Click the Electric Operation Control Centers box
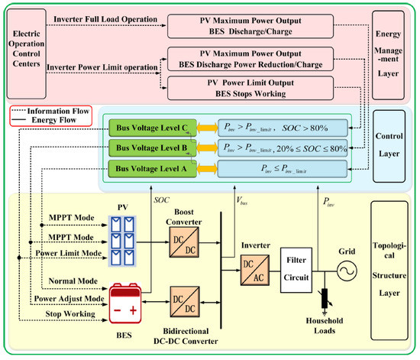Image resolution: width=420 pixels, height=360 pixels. (26, 54)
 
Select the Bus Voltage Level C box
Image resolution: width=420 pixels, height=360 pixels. (153, 128)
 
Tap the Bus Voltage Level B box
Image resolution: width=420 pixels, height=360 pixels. (153, 148)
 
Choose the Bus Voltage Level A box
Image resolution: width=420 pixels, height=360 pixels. (153, 169)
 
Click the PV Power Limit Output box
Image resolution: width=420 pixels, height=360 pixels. (250, 88)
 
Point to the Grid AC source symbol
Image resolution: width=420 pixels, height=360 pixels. (347, 271)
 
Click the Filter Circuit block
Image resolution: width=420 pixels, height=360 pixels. (296, 270)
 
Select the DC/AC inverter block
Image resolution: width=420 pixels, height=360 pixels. (255, 271)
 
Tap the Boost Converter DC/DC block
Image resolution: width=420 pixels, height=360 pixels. (184, 242)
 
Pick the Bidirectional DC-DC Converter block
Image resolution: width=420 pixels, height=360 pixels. (185, 302)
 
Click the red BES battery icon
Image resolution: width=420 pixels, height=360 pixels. (124, 303)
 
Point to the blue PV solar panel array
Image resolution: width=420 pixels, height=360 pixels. (122, 242)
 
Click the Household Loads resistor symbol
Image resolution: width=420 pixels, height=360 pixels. (325, 298)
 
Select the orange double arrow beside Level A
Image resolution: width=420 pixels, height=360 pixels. (207, 169)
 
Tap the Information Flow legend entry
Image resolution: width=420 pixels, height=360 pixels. (51, 111)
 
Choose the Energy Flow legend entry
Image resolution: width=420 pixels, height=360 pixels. (44, 120)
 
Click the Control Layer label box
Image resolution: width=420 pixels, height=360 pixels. (389, 146)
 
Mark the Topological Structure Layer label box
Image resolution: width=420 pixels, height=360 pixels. (389, 271)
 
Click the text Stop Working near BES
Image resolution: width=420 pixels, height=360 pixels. (70, 314)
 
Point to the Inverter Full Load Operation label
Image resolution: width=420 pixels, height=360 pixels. (105, 19)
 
